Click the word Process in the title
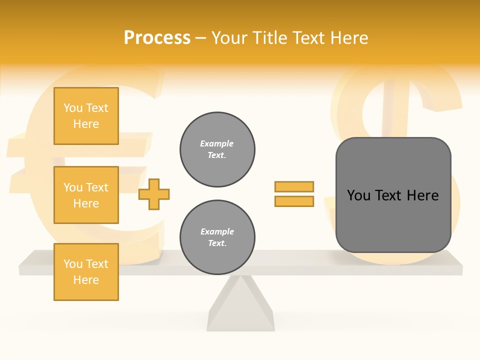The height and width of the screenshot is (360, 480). click(157, 38)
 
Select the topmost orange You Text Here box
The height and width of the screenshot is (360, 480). click(86, 116)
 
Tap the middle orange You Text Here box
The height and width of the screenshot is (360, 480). click(86, 195)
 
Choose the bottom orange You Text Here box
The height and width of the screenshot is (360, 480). click(86, 272)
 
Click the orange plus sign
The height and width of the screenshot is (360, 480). click(154, 194)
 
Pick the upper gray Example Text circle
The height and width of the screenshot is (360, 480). click(217, 149)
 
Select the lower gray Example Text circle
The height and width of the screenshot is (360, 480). click(217, 237)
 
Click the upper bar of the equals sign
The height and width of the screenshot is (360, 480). click(294, 186)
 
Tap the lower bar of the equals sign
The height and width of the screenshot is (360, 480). click(294, 201)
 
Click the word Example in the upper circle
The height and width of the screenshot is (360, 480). click(217, 143)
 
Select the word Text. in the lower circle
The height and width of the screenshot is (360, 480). click(217, 243)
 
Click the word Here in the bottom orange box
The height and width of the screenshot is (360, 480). click(86, 280)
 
